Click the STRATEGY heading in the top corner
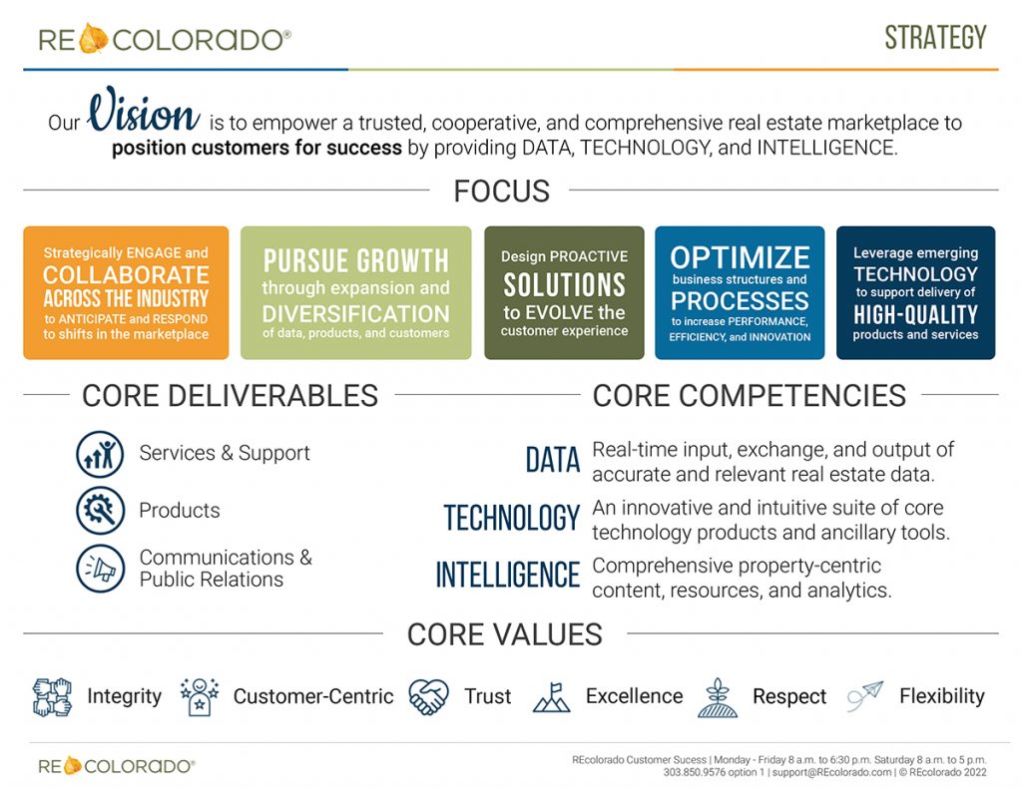pos(935,38)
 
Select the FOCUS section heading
pos(501,191)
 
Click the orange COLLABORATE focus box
pos(126,292)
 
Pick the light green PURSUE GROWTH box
pos(356,292)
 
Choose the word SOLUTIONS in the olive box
pos(565,285)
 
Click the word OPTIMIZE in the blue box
pos(740,257)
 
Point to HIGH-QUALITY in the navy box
pos(916,314)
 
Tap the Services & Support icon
pos(100,454)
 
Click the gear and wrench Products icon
pos(100,511)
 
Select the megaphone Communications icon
pos(100,569)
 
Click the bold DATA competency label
pos(553,460)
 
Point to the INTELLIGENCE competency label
pos(507,575)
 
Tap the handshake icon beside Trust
pos(428,696)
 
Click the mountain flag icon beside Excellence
pos(551,697)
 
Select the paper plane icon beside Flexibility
pos(865,696)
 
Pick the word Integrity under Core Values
pos(125,696)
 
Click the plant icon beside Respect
pos(718,698)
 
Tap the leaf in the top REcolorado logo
pos(93,39)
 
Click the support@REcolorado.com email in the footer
pos(831,773)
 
